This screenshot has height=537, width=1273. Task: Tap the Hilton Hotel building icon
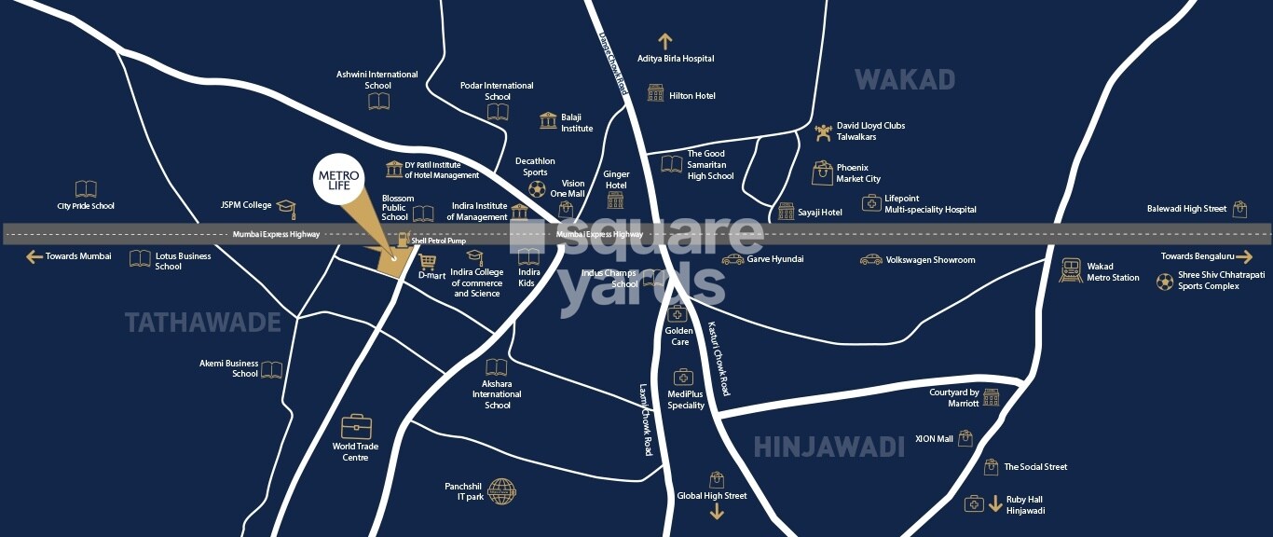[x=656, y=94]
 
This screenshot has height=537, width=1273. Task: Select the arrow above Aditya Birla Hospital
[x=664, y=41]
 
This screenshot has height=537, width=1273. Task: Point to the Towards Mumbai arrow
[x=34, y=256]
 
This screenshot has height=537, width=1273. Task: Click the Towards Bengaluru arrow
[x=1245, y=256]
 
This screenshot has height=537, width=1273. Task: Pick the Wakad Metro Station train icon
[x=1071, y=270]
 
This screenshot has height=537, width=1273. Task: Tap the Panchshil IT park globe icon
[x=501, y=490]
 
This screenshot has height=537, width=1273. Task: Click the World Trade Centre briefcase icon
[x=356, y=427]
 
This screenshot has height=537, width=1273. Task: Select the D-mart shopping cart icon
[x=428, y=261]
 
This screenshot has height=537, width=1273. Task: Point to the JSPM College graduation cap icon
[x=286, y=206]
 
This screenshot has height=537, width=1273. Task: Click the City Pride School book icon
[x=86, y=189]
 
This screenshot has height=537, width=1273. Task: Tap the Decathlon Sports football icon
[x=537, y=188]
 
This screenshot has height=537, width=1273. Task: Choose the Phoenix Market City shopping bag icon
[x=822, y=172]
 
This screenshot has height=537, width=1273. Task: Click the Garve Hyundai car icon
[x=733, y=259]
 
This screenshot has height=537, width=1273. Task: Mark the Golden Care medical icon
[x=678, y=314]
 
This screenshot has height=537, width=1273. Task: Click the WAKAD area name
[x=905, y=80]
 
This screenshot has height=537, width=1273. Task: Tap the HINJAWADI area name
[x=828, y=447]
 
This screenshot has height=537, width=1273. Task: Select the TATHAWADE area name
[x=203, y=323]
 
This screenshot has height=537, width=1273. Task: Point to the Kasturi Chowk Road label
[x=719, y=359]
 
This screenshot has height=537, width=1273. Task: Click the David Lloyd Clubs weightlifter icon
[x=823, y=132]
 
